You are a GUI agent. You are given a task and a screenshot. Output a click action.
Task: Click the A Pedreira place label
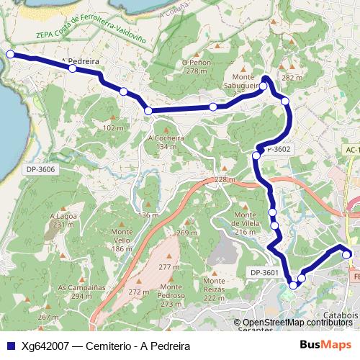81,61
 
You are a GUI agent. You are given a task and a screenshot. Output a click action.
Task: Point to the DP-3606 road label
40,169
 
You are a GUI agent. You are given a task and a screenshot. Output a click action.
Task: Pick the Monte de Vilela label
246,219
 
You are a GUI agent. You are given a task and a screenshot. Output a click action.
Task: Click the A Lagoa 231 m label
63,220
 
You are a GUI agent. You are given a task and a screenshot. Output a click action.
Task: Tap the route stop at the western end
10,54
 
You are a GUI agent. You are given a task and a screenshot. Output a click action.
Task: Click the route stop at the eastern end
346,254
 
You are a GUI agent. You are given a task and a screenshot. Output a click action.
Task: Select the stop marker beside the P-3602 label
256,155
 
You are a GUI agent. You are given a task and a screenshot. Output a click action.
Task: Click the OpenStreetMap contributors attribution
297,323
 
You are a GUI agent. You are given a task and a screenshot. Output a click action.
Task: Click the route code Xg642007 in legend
45,346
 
